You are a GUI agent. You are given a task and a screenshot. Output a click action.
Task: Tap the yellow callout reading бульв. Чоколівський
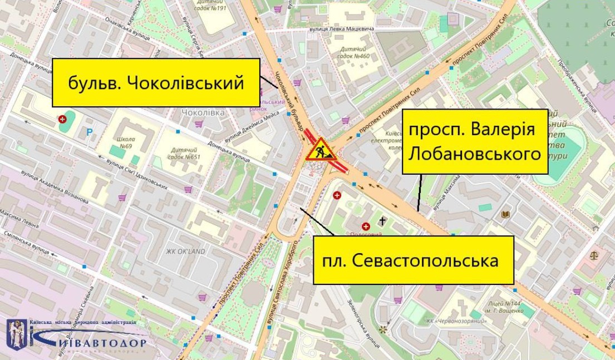pyautogui.click(x=156, y=83)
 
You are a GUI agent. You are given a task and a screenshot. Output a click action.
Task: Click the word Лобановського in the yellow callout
pyautogui.click(x=475, y=153)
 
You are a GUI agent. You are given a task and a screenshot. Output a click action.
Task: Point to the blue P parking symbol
pyautogui.click(x=90, y=132)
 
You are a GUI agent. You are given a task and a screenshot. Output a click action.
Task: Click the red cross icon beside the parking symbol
pyautogui.click(x=62, y=119)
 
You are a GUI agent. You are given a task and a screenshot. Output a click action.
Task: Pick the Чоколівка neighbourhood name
pyautogui.click(x=203, y=112)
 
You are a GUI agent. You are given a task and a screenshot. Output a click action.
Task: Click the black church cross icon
pyautogui.click(x=382, y=221)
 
